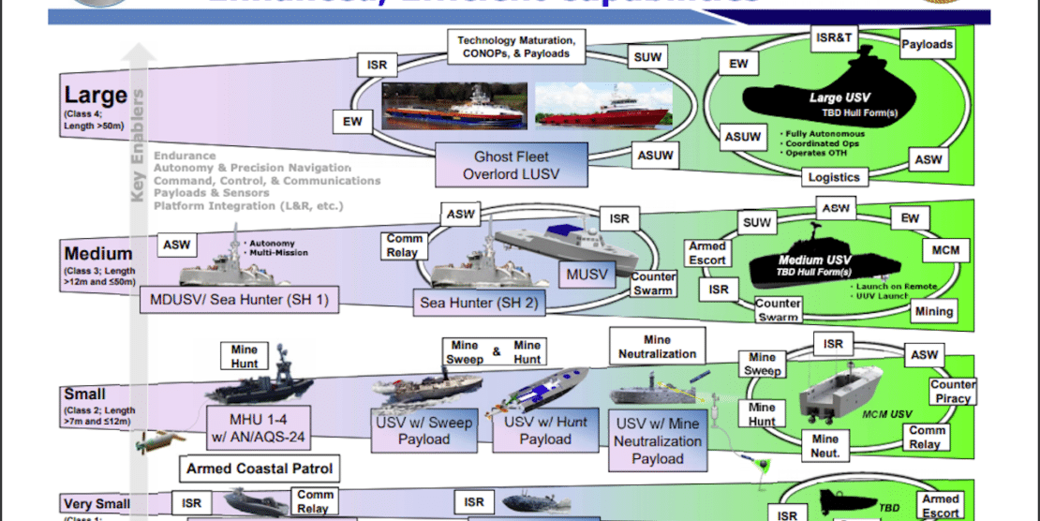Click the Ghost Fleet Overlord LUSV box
point(512,166)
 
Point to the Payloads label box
point(927,45)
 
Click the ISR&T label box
point(833,38)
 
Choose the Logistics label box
point(834,177)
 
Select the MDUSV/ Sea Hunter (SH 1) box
point(239,299)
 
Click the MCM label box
point(944,251)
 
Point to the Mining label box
point(933,311)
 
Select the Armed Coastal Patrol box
point(260,468)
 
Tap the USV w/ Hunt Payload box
point(545,431)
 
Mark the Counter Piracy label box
point(953,392)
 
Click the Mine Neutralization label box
point(657,347)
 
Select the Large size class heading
point(96,95)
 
